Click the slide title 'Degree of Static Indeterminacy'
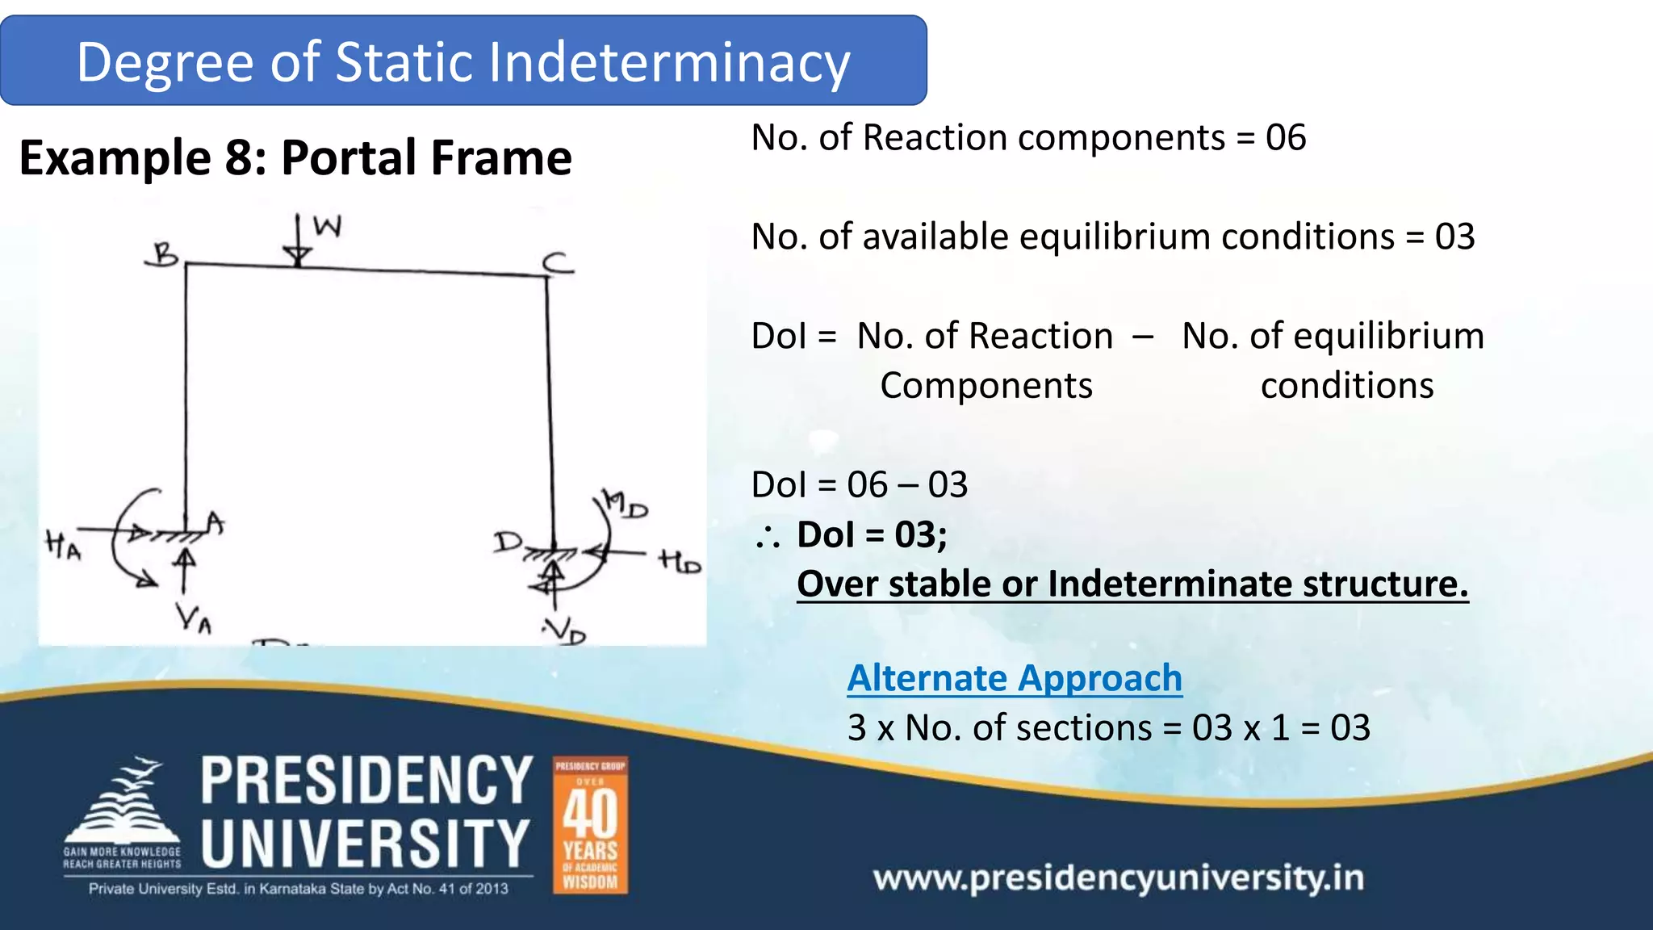tap(463, 62)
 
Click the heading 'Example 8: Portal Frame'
tap(295, 157)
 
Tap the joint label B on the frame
tap(164, 255)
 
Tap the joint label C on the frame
tap(557, 262)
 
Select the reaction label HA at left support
tap(63, 545)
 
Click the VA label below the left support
tap(194, 618)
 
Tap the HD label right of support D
tap(680, 561)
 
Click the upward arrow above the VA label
tap(186, 569)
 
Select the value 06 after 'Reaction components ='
tap(1285, 137)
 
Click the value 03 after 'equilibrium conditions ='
tap(1454, 237)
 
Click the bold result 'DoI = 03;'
tap(872, 534)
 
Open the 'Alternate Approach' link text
tap(1015, 678)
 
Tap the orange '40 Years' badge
tap(590, 825)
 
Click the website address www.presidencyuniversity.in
tap(1119, 878)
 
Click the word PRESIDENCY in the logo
tap(366, 781)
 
